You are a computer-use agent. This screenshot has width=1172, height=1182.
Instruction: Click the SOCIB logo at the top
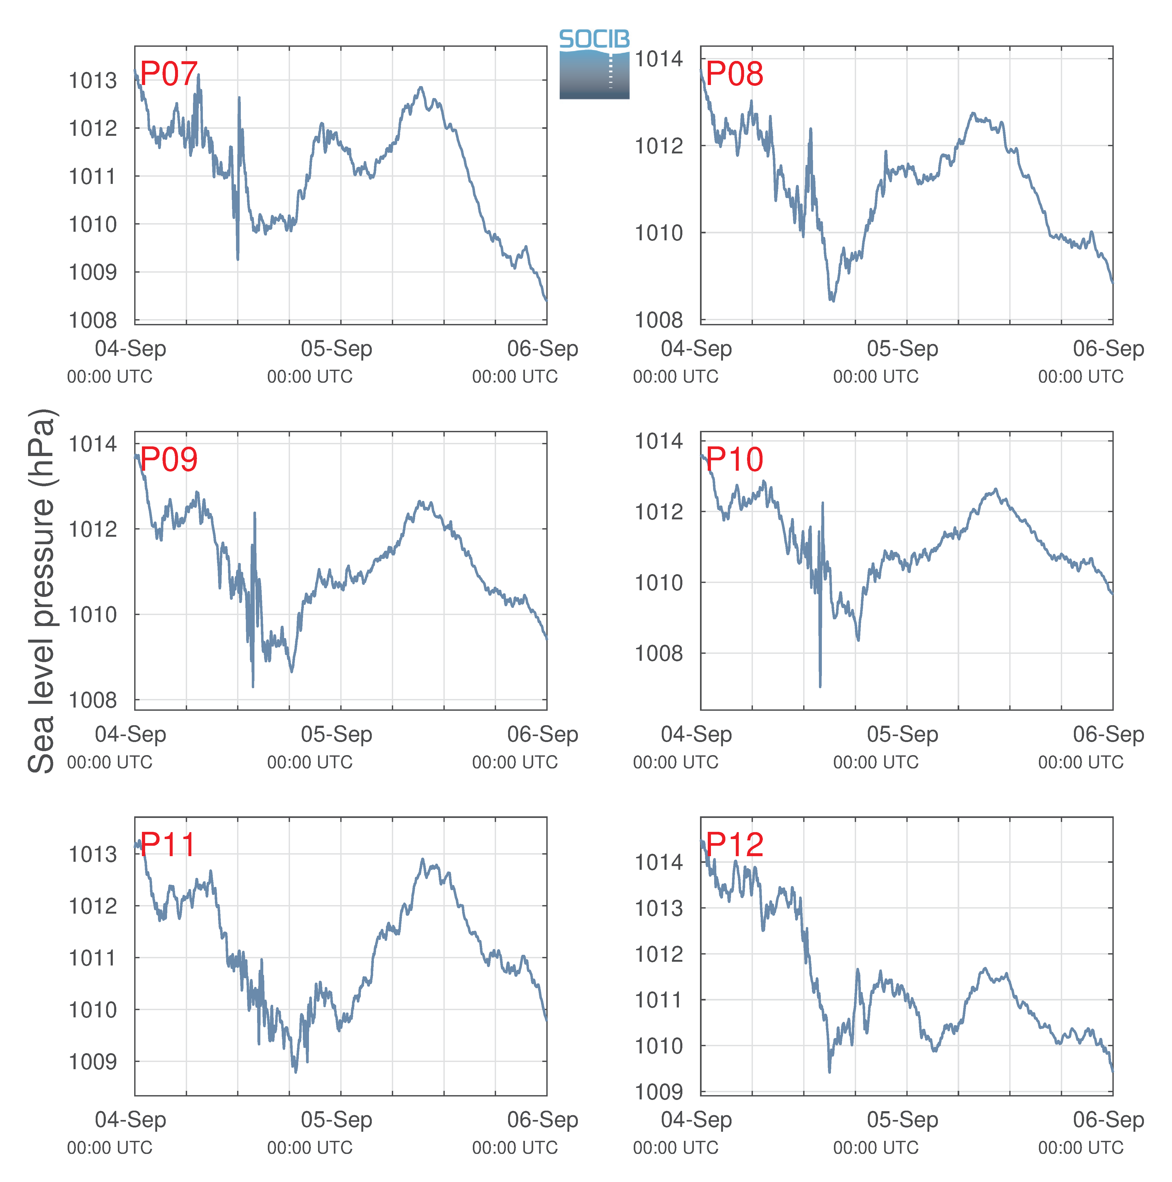(594, 64)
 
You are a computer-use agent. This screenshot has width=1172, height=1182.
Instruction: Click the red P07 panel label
(169, 74)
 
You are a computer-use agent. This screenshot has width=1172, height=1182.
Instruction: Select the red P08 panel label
(735, 74)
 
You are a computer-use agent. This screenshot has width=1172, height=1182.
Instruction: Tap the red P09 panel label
(169, 459)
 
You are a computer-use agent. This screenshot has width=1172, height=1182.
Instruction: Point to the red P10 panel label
(735, 459)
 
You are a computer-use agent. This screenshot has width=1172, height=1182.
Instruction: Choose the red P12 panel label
(735, 845)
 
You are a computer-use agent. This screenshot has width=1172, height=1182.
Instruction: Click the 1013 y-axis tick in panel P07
(92, 80)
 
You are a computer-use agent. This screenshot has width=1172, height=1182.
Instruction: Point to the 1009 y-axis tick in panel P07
(92, 272)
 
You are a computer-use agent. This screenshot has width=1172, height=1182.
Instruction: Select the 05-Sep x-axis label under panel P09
(336, 734)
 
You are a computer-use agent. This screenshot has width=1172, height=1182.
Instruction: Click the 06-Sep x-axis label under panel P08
(1108, 349)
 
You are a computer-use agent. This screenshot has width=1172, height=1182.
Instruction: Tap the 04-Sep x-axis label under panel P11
(130, 1120)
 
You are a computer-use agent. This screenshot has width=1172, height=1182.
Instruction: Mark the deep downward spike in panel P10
(820, 685)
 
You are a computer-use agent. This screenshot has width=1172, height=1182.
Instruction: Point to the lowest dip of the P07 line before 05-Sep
(238, 259)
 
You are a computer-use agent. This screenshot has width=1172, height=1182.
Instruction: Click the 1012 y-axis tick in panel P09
(92, 529)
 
